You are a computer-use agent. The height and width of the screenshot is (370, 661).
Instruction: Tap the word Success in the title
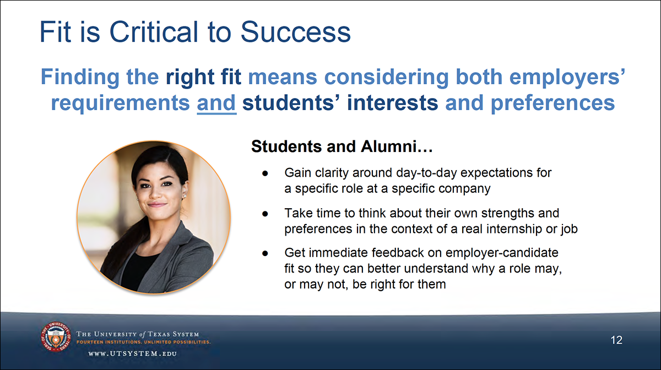296,32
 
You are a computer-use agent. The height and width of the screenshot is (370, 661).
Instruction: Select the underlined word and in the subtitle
216,103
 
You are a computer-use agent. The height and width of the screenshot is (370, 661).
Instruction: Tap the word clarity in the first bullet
333,173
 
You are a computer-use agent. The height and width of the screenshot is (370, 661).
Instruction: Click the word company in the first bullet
463,188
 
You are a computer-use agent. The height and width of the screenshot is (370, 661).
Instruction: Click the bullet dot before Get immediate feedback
265,253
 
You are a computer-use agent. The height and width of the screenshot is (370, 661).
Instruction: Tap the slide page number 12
616,340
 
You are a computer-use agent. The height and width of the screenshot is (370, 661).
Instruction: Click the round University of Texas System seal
54,340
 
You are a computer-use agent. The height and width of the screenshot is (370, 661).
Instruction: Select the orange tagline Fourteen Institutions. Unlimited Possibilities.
143,342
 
